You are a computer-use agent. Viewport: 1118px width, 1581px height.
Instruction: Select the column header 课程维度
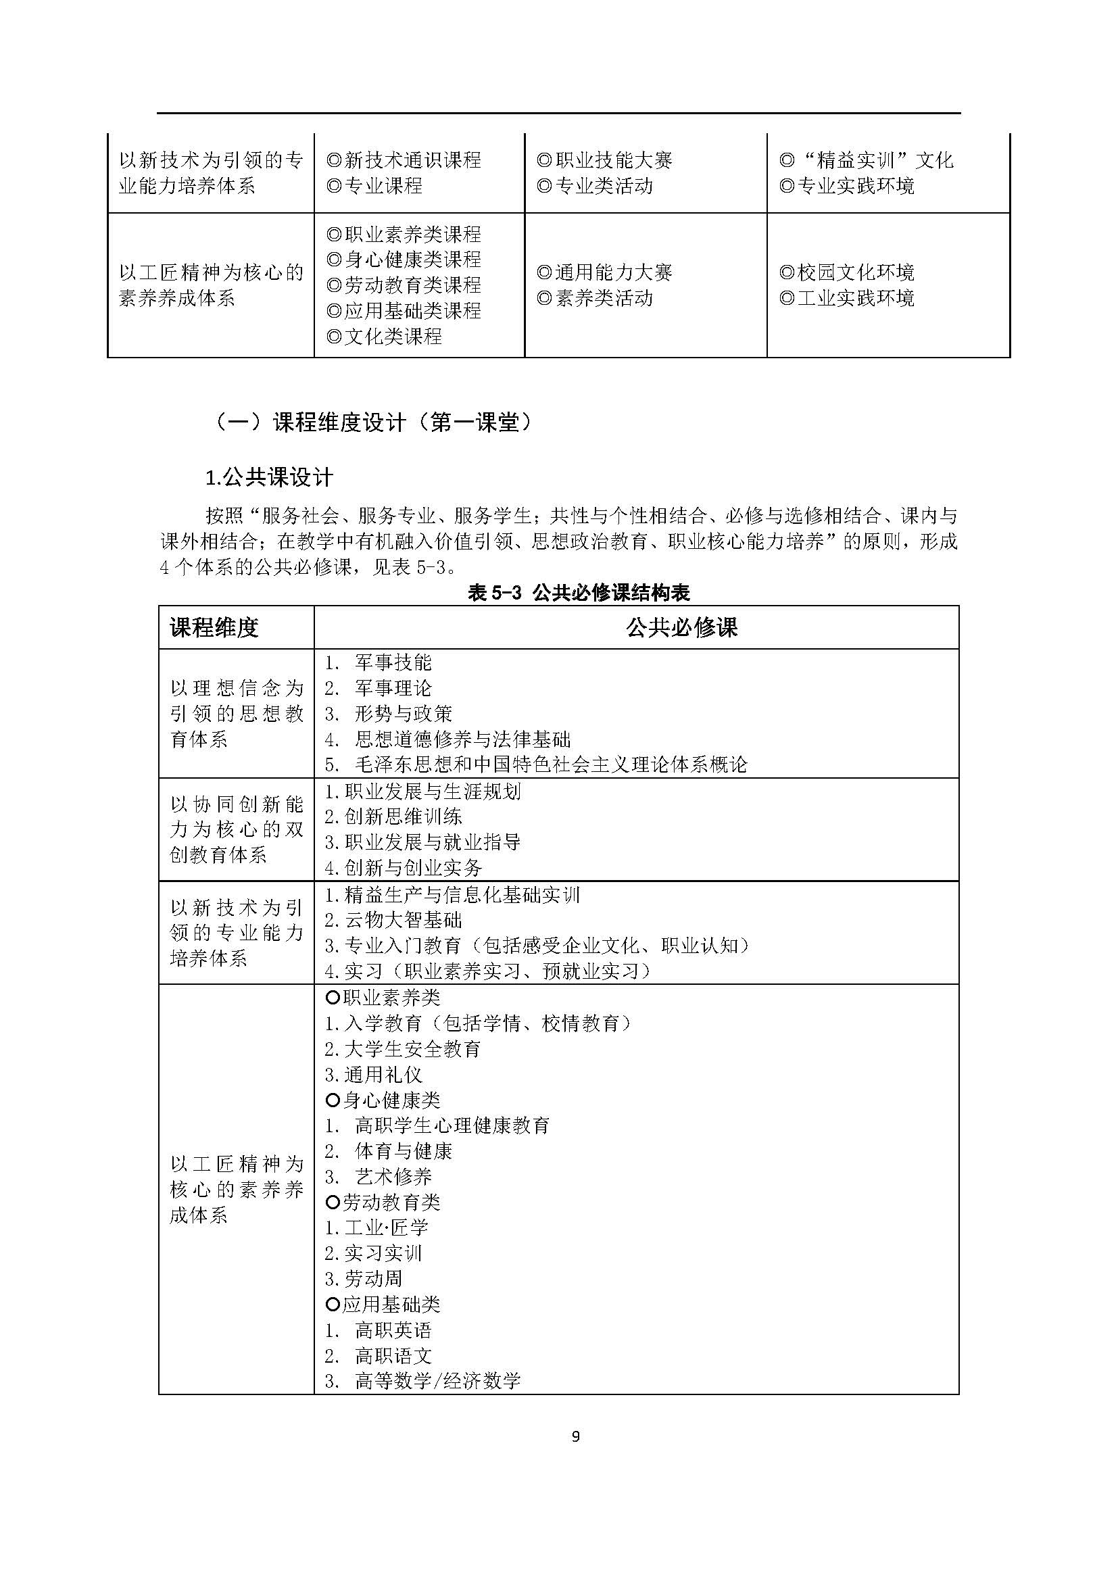click(x=214, y=627)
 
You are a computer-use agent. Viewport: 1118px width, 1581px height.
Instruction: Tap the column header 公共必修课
click(x=681, y=627)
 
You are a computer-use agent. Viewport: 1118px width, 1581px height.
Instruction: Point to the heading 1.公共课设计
click(x=269, y=477)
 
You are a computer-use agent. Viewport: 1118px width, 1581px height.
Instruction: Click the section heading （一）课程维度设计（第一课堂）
click(x=372, y=422)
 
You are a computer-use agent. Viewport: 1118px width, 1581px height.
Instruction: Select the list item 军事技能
click(x=393, y=662)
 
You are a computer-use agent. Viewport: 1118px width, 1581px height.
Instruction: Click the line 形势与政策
click(x=403, y=713)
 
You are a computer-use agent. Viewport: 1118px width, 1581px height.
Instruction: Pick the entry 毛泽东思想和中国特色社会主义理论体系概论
click(x=551, y=764)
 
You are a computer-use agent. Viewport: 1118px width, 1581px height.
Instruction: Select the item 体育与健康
click(x=403, y=1150)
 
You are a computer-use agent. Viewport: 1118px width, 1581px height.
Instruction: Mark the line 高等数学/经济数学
click(x=437, y=1381)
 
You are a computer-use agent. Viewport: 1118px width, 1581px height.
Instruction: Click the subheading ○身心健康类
click(x=383, y=1100)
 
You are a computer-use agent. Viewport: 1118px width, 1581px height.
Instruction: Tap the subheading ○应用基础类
click(x=383, y=1303)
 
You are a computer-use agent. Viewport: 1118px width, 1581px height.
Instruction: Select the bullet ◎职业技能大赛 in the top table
click(x=604, y=160)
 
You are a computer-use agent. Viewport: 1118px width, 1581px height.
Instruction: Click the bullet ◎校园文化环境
click(x=847, y=272)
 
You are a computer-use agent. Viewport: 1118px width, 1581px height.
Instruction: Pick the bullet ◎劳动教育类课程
click(x=404, y=285)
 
